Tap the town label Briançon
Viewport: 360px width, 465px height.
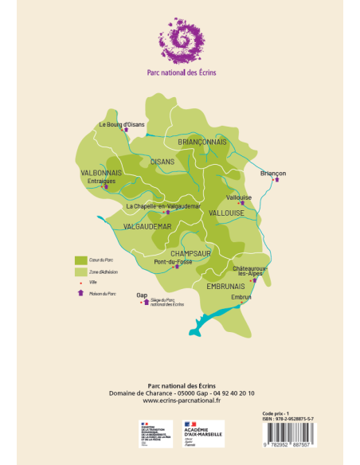pos(273,172)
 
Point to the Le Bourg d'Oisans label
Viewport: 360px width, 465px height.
pos(121,125)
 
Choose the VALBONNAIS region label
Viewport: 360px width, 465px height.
pos(101,172)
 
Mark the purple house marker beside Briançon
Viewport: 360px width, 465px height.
pos(276,180)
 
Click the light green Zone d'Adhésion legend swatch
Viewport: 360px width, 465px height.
pos(80,272)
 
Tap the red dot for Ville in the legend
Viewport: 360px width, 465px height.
pos(80,283)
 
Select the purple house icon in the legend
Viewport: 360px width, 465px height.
pos(80,293)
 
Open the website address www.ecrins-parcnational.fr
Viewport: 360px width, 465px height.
pos(179,401)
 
